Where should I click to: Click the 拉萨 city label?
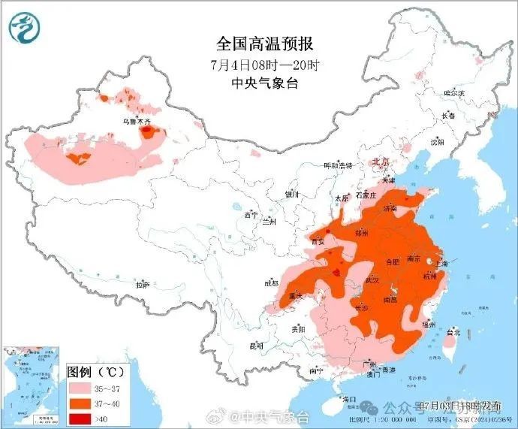pos(142,285)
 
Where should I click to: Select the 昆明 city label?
pos(256,346)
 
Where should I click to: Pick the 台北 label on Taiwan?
pos(453,332)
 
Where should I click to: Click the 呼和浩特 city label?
pos(337,165)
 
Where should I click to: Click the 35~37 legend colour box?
pos(79,386)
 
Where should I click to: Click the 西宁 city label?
pos(251,216)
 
